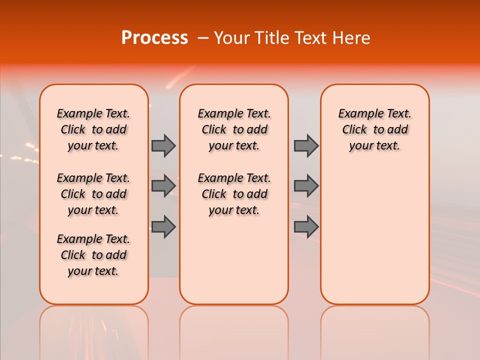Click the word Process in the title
click(154, 38)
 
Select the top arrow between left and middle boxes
click(163, 145)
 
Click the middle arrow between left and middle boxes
click(163, 185)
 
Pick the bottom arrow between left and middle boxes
click(163, 226)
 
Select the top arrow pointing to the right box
click(306, 145)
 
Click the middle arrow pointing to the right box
click(306, 185)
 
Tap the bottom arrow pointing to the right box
click(306, 226)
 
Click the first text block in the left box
click(93, 129)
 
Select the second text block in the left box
click(93, 194)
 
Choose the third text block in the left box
click(93, 255)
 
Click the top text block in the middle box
click(234, 129)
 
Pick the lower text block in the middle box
click(234, 194)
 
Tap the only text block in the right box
click(374, 129)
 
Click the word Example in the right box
click(356, 114)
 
